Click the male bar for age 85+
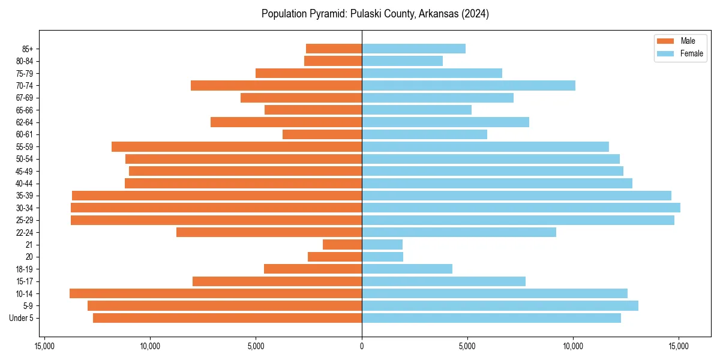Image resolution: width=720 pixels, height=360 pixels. coord(334,49)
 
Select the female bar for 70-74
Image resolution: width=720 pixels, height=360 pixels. coord(468,85)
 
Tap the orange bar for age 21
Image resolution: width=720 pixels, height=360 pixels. coord(342,244)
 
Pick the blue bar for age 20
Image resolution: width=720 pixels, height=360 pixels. coord(382,257)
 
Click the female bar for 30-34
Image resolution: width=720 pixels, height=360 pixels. coord(521,208)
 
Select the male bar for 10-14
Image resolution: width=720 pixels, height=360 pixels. coord(215,293)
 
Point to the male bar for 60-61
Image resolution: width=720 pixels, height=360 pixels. coord(322,134)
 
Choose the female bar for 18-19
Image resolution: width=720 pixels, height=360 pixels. coord(407,269)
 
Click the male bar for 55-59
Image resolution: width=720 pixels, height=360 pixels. coord(236,146)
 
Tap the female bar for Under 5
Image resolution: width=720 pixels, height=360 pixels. coord(491,318)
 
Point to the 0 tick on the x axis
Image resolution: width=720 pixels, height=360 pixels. coord(362,346)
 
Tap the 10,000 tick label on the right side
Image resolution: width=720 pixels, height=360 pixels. coord(573,346)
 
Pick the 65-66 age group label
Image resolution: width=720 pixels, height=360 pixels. coord(24,110)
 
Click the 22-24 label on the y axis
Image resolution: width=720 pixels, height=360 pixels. coord(24,232)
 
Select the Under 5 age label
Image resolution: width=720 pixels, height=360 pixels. coord(22,318)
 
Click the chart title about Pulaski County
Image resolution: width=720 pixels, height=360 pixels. coord(375,14)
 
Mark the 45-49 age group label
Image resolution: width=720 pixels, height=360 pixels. coord(24,171)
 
